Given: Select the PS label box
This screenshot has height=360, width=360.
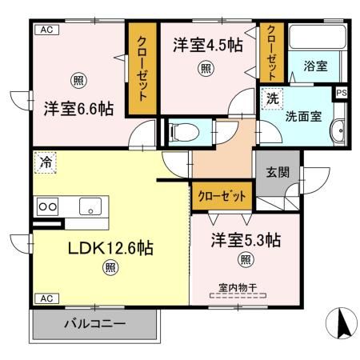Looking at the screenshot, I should [x=342, y=92].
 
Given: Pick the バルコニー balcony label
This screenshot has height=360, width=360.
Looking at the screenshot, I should [x=94, y=325].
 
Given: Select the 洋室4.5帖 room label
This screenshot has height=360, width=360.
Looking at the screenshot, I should [x=205, y=46].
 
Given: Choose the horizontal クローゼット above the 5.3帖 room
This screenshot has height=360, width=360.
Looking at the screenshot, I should [x=222, y=194].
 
